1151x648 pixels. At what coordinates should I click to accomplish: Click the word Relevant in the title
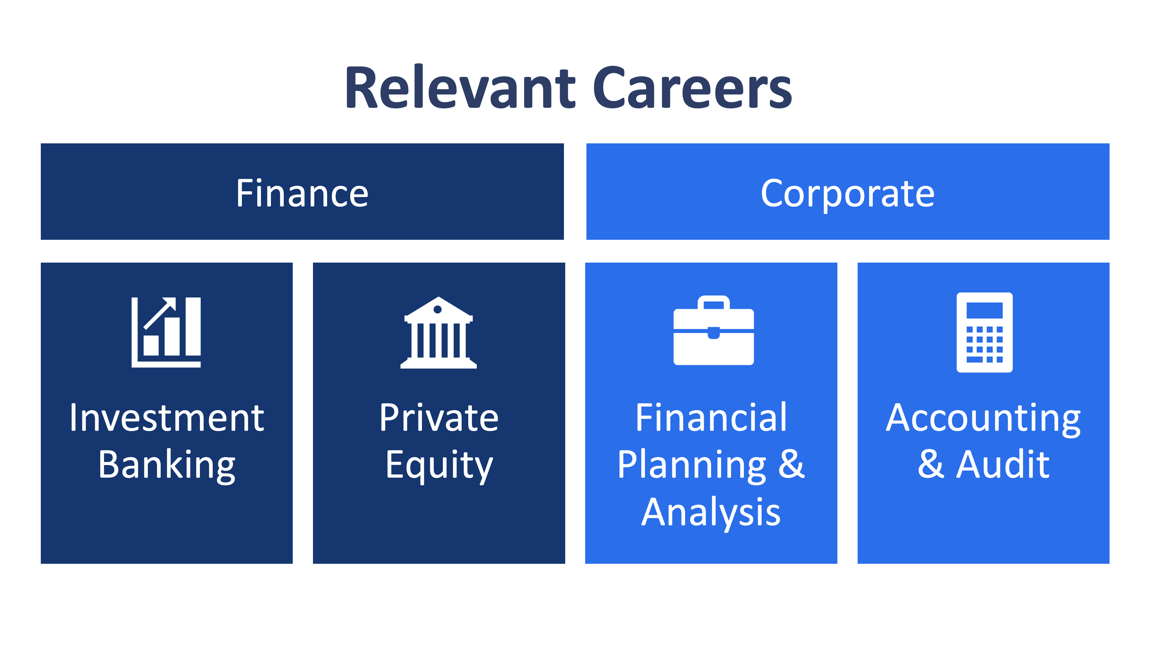[460, 88]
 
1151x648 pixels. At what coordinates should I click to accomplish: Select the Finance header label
[302, 193]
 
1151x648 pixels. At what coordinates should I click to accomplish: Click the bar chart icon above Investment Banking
[166, 332]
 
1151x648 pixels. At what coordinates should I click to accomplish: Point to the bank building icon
[438, 333]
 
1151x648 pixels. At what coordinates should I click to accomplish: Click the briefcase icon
[714, 331]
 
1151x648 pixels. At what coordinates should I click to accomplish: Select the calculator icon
[984, 332]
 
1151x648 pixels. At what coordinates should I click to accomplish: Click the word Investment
[167, 418]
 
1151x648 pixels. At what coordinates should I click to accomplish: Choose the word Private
[438, 418]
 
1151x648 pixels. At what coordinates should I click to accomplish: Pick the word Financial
[711, 418]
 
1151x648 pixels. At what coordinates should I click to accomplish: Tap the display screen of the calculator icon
[984, 310]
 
